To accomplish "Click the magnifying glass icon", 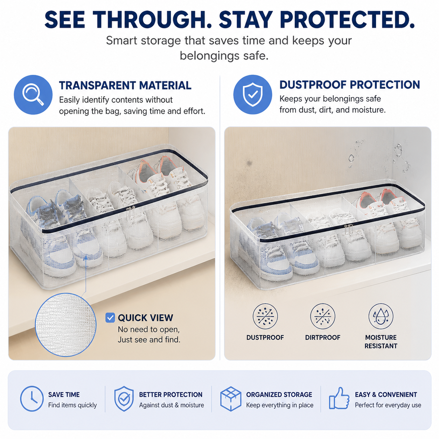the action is tap(33, 94).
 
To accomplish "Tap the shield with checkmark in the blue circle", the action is tap(252, 94).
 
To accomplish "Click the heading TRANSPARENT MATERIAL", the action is tap(125, 85).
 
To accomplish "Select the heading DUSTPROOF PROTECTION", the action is tap(349, 84).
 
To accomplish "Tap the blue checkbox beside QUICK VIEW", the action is tap(110, 318).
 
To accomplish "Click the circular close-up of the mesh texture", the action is tap(65, 325).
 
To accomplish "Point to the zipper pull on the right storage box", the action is tap(348, 229).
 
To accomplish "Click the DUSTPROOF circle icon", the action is tap(265, 316).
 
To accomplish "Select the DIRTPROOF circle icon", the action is tap(322, 316).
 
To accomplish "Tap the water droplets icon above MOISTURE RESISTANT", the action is tap(381, 316).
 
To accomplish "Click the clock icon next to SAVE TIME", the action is tap(32, 399).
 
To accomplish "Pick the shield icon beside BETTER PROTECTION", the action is tap(124, 399).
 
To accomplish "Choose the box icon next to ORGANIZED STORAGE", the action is tap(231, 399).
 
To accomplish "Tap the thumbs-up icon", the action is tap(339, 398).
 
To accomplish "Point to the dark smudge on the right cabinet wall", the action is tap(250, 163).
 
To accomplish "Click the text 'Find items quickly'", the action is tap(72, 405).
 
